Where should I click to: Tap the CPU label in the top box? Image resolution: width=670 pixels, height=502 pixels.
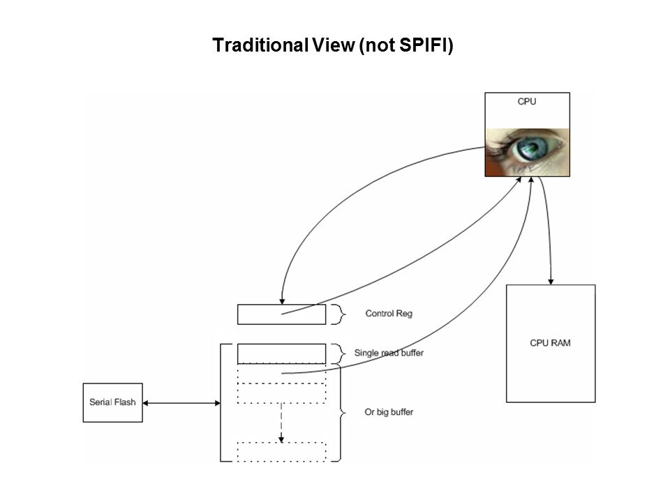(527, 102)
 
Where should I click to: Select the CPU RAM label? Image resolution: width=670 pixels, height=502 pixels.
(550, 343)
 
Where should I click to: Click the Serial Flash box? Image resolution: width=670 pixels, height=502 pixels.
(113, 402)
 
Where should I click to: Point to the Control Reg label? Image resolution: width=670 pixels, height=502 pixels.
(389, 314)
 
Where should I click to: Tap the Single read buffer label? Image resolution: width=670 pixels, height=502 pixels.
(389, 353)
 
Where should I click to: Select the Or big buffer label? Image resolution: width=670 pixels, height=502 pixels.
(389, 412)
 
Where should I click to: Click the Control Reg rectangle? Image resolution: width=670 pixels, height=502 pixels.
(281, 314)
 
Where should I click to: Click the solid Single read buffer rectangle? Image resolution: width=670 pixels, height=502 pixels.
(281, 353)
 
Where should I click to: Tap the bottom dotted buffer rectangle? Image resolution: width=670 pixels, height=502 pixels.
(281, 451)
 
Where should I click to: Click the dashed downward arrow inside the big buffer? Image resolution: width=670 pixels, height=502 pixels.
(281, 422)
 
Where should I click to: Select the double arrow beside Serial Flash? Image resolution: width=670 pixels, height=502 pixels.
(181, 403)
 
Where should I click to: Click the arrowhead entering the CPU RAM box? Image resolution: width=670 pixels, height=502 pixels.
(551, 280)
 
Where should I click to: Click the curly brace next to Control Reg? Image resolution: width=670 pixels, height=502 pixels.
(338, 314)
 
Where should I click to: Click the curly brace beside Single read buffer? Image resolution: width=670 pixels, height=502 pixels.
(338, 353)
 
